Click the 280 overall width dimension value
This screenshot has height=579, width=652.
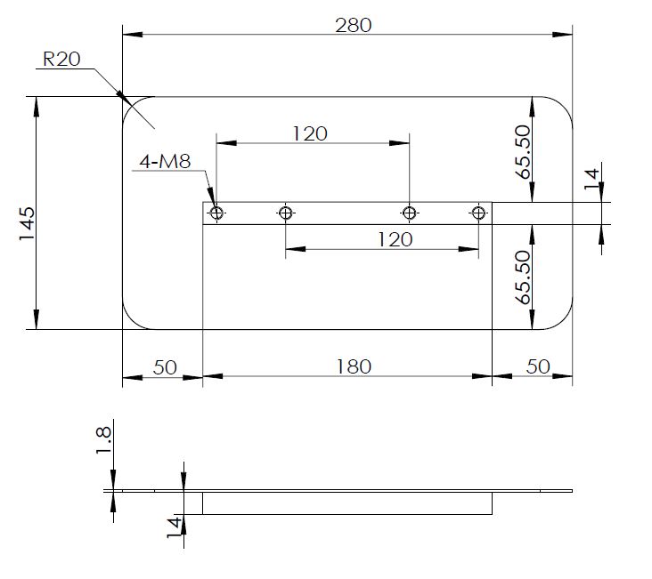click(353, 24)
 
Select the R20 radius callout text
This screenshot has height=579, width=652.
click(61, 60)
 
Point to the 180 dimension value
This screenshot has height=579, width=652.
click(354, 366)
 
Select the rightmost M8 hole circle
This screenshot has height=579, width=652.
click(478, 213)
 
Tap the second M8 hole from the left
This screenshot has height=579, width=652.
click(285, 213)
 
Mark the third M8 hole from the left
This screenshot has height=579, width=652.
click(409, 213)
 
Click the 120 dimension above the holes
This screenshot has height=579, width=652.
click(310, 133)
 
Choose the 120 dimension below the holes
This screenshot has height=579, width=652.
click(395, 239)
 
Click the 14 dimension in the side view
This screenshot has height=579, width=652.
click(175, 527)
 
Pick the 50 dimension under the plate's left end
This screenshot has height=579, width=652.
click(166, 366)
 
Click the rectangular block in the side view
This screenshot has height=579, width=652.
click(347, 503)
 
